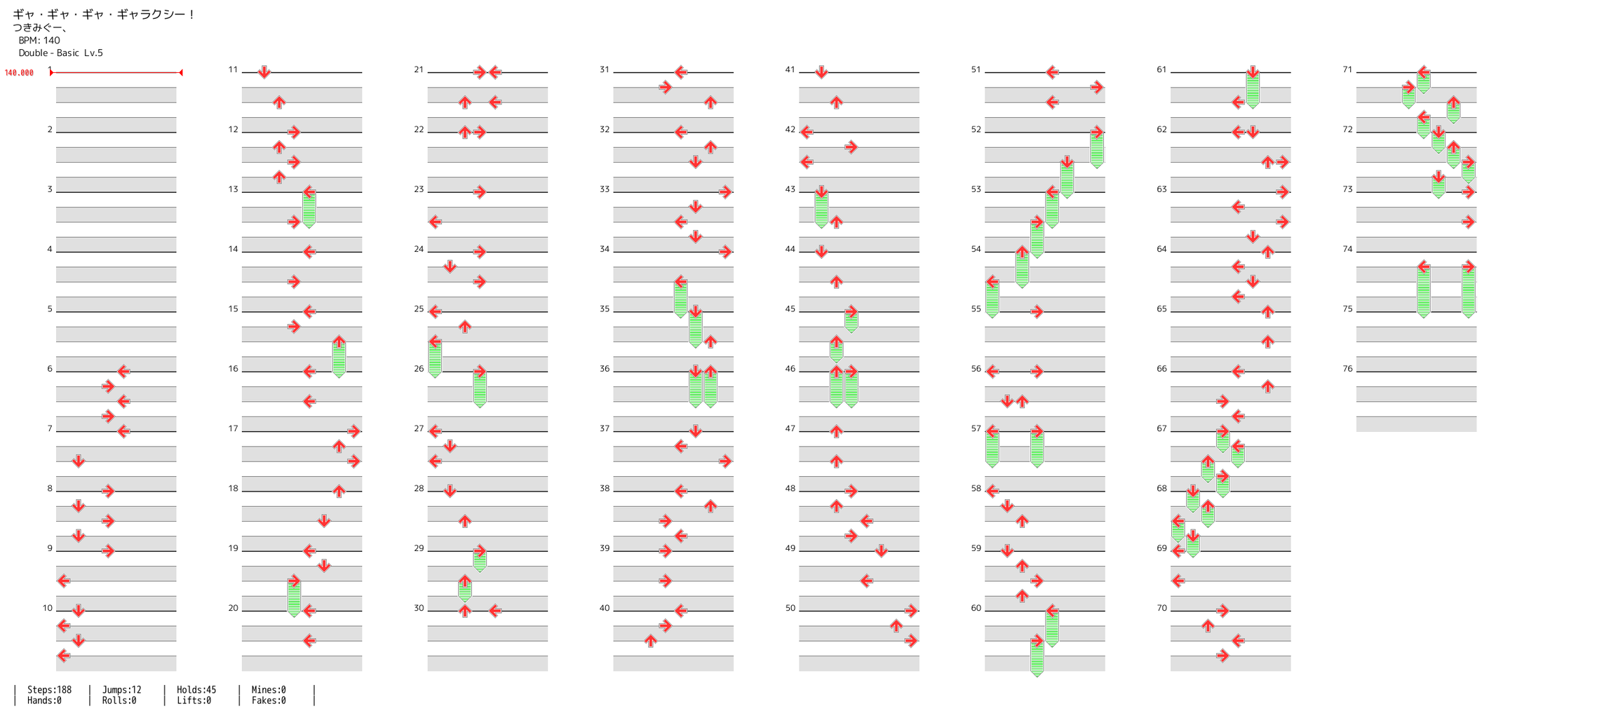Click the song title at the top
click(x=104, y=14)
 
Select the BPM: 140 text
click(x=39, y=41)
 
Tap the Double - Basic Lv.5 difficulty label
click(x=60, y=53)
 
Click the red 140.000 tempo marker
click(x=19, y=73)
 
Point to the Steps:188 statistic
click(x=49, y=690)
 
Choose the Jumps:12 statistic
click(x=121, y=690)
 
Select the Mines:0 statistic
click(x=269, y=690)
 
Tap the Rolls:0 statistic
click(x=119, y=700)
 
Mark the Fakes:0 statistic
click(x=269, y=700)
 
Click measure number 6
click(x=50, y=369)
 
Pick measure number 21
click(x=419, y=70)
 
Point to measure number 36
click(x=605, y=369)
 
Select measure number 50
click(x=790, y=608)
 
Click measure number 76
click(x=1347, y=369)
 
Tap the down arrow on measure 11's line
click(x=264, y=72)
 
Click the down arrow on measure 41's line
click(x=821, y=72)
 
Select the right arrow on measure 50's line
click(x=910, y=611)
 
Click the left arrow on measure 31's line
click(x=680, y=72)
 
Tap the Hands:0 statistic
click(x=44, y=700)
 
